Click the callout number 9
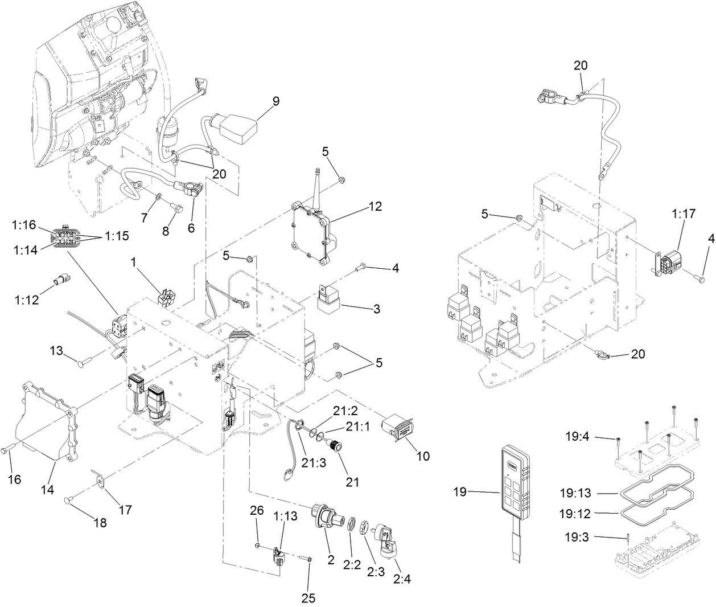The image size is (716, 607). (275, 101)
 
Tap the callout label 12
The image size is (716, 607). (375, 206)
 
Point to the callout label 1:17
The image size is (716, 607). (683, 215)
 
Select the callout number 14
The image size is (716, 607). (48, 489)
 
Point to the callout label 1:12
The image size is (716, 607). (27, 300)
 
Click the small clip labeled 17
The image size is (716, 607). (101, 483)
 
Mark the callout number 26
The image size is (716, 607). (257, 511)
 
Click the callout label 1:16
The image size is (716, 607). (24, 226)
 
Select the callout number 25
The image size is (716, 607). (308, 598)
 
